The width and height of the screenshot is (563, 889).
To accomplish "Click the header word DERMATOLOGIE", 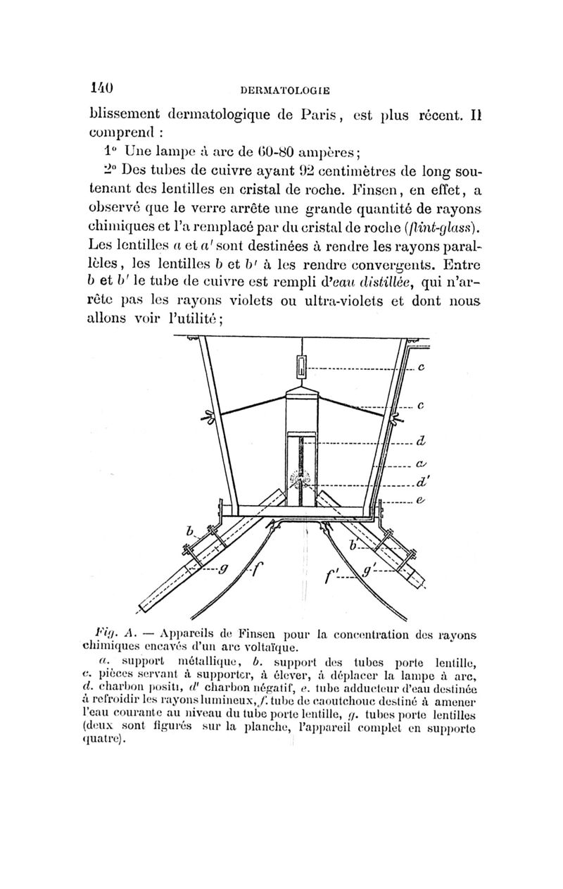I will (285, 89).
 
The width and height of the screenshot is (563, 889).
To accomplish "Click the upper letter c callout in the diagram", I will (420, 367).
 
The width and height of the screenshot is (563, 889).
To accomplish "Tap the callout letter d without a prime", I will (420, 443).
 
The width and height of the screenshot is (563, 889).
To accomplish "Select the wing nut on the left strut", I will (209, 416).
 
